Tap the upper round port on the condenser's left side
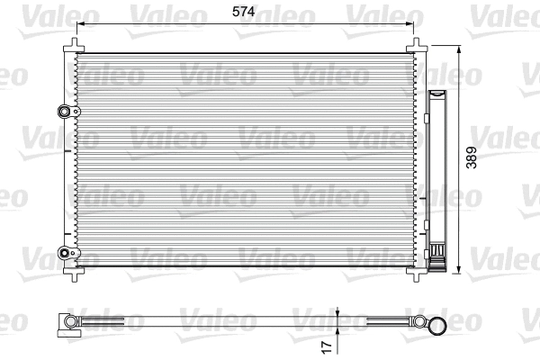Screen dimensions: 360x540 coord(64,112)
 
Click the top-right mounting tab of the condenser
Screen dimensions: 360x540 coord(417,46)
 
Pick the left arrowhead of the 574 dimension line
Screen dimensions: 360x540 coord(80,25)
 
